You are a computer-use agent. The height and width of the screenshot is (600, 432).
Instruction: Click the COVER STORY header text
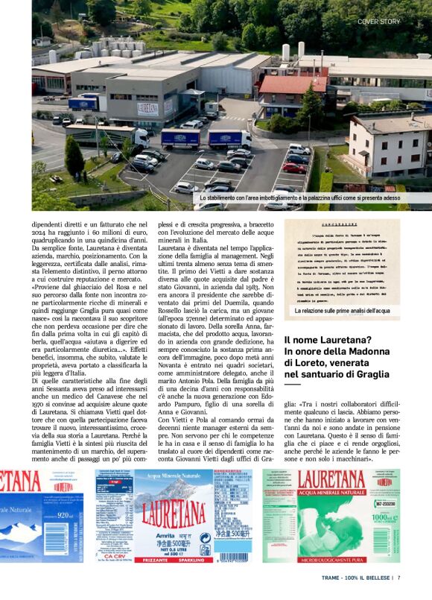[x=378, y=22]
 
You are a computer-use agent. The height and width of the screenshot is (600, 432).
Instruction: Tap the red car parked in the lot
[x=294, y=168]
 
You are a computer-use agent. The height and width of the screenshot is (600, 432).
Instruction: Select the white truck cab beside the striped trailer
[x=141, y=136]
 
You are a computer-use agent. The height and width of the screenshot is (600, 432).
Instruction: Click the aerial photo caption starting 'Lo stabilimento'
[x=299, y=198]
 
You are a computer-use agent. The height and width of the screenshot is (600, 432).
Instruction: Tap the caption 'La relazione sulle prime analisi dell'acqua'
[x=342, y=310]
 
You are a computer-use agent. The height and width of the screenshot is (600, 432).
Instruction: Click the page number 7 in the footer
[x=399, y=576]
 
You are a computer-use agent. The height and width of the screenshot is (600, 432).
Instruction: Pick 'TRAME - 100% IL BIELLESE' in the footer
[x=358, y=576]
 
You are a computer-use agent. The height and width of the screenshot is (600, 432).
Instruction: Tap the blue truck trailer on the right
[x=230, y=138]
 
